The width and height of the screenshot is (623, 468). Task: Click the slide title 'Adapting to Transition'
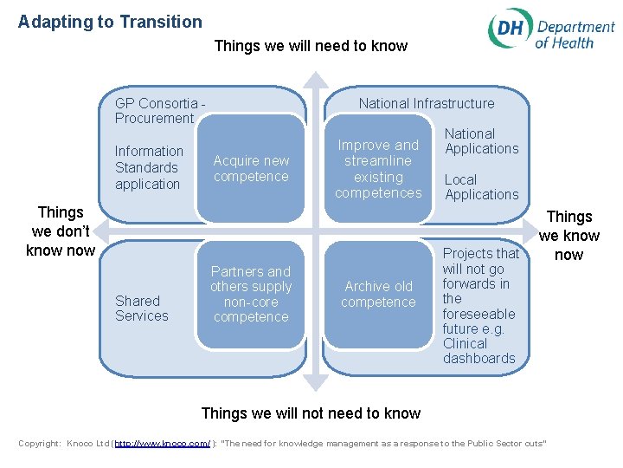110,23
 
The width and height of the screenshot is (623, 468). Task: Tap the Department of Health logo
550,30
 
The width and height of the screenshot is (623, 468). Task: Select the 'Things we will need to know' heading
311,46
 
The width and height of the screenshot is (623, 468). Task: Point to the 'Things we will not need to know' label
311,413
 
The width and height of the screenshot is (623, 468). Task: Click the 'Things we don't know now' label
61,231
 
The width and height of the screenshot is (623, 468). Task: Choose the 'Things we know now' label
568,236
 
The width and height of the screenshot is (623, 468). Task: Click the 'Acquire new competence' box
251,169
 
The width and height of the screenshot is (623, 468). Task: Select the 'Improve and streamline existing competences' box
377,169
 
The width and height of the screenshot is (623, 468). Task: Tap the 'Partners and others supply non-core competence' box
251,295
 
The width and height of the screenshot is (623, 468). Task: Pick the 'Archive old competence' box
377,295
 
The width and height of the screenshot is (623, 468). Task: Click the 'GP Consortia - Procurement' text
159,111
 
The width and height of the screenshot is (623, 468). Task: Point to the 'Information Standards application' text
149,167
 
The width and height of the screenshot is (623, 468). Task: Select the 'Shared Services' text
142,309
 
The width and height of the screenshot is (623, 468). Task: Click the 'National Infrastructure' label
427,103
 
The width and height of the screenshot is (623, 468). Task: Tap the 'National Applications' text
481,141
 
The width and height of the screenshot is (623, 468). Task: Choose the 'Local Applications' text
481,187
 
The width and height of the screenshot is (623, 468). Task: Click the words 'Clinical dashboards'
478,351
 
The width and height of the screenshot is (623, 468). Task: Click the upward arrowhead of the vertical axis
316,80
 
